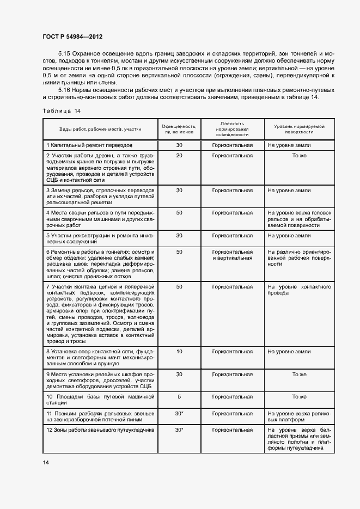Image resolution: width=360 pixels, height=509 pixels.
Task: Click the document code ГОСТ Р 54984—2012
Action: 72,36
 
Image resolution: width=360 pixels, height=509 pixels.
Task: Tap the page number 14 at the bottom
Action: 46,462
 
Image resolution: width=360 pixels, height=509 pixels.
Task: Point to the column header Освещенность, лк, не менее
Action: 179,129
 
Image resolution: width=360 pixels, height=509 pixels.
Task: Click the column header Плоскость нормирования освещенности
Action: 233,129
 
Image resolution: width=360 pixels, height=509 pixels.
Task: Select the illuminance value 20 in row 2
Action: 179,156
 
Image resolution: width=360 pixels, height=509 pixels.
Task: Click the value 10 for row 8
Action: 179,352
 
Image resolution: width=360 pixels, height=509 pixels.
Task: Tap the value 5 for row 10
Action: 179,397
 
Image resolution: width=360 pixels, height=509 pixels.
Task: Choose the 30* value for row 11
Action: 179,414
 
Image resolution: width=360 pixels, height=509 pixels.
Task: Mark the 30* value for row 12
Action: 179,430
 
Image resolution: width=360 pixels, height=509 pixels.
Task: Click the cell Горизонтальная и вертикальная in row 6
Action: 233,255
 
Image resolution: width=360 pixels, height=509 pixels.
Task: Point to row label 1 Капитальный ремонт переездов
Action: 90,145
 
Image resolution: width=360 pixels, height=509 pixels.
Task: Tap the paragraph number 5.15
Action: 64,53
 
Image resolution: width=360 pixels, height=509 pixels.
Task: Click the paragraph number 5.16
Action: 64,89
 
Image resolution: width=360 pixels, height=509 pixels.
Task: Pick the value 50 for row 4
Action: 179,212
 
